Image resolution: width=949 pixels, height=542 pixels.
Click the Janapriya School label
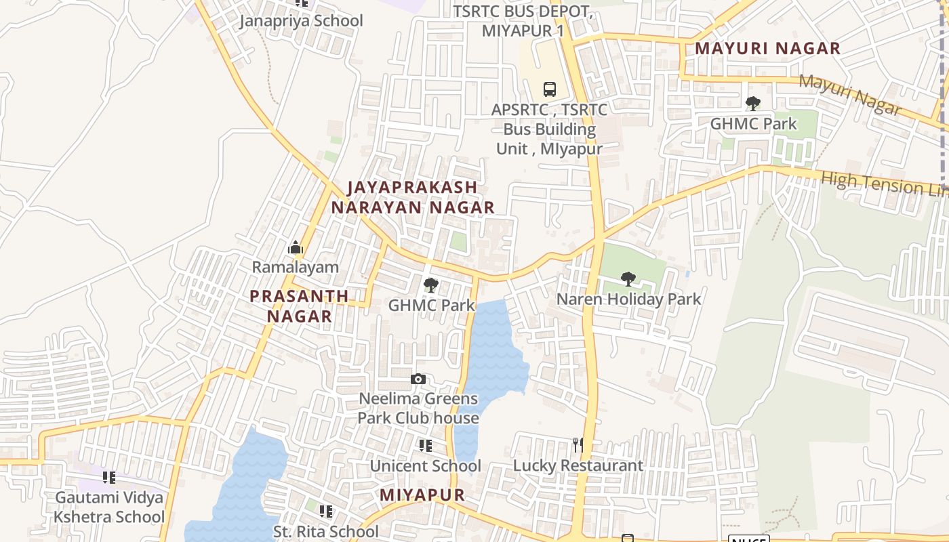pyautogui.click(x=301, y=21)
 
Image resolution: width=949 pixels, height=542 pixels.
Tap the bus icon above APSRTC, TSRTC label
pyautogui.click(x=549, y=89)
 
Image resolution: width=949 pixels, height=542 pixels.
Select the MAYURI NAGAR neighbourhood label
pyautogui.click(x=767, y=49)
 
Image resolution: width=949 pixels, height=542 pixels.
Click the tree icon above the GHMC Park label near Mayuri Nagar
pyautogui.click(x=752, y=104)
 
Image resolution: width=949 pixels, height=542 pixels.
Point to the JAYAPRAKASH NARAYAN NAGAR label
pyautogui.click(x=413, y=197)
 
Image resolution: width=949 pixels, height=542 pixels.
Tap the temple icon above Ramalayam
pyautogui.click(x=295, y=248)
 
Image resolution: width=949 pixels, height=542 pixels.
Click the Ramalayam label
pyautogui.click(x=295, y=267)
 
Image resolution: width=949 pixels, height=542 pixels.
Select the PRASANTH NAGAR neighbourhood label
pyautogui.click(x=299, y=306)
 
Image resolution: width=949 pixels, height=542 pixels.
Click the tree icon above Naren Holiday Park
pyautogui.click(x=628, y=278)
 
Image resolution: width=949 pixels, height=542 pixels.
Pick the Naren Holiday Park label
pyautogui.click(x=628, y=299)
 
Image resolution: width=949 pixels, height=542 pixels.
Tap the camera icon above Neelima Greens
pyautogui.click(x=418, y=379)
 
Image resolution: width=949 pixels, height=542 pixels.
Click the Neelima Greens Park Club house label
pyautogui.click(x=418, y=408)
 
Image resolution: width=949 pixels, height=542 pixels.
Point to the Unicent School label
pyautogui.click(x=425, y=466)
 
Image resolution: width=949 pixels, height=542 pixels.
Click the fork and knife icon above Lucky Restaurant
pyautogui.click(x=578, y=445)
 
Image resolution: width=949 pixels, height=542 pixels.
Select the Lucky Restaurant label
pyautogui.click(x=578, y=465)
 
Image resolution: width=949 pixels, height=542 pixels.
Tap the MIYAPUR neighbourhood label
pyautogui.click(x=422, y=495)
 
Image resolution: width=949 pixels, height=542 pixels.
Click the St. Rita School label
pyautogui.click(x=325, y=532)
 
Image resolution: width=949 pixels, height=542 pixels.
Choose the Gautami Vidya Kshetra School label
pyautogui.click(x=109, y=507)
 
